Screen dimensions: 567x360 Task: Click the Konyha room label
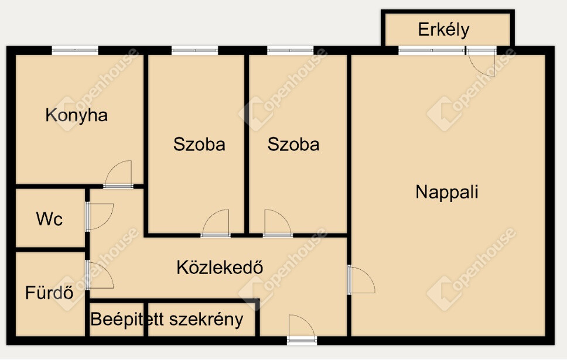(76, 116)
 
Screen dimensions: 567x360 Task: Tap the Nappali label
(447, 192)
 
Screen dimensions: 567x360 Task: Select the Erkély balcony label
(443, 29)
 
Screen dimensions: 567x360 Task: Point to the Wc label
(50, 219)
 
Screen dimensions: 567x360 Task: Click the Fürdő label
(49, 292)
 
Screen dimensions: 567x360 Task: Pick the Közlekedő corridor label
(220, 267)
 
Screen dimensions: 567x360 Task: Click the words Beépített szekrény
(167, 320)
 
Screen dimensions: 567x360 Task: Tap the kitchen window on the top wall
(75, 50)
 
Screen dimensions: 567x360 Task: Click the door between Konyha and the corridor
(118, 174)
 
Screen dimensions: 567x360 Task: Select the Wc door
(100, 217)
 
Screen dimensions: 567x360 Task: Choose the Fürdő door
(100, 275)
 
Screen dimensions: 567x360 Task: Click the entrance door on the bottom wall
(302, 329)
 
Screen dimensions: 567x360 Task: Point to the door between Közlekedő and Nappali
(361, 280)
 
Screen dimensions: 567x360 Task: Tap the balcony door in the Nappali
(481, 61)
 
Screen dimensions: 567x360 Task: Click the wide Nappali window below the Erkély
(431, 50)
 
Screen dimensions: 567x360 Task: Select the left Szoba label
(199, 144)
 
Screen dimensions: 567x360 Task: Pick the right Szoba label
(293, 144)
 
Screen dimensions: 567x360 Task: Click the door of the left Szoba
(216, 224)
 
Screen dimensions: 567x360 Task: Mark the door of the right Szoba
(278, 224)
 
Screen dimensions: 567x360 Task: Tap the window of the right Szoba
(291, 50)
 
